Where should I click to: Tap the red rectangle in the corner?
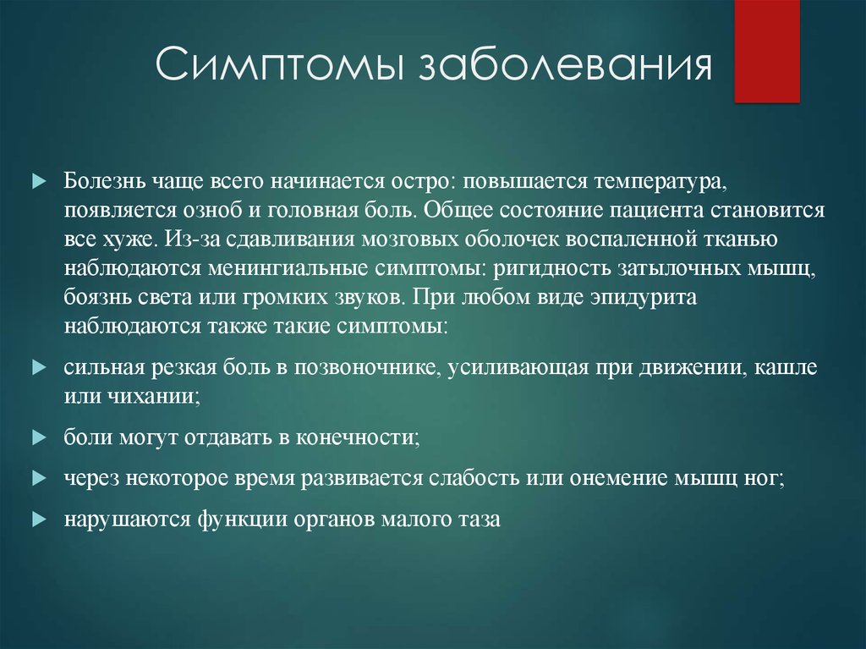(x=767, y=51)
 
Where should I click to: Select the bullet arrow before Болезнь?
(x=39, y=181)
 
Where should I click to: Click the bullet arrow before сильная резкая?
(x=39, y=367)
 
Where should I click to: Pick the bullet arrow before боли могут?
(x=39, y=437)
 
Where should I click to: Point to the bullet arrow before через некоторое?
(x=39, y=478)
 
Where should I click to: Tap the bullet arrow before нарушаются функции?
(x=39, y=519)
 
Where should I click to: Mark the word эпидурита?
(x=643, y=298)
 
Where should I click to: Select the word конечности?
(x=359, y=437)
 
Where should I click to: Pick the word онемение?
(x=619, y=478)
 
